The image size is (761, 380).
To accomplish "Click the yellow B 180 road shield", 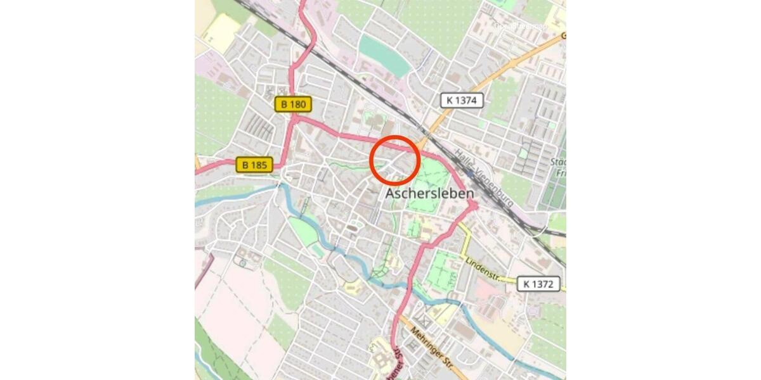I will pos(294,104).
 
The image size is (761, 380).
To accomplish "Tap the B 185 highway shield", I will pos(254,165).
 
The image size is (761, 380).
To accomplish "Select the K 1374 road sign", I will pos(462,100).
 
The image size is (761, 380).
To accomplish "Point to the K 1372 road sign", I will pos(538,284).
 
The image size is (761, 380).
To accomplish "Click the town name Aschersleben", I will pos(430,193).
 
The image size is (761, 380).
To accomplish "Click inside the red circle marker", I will pos(394,160).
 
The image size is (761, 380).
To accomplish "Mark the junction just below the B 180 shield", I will pos(294,118).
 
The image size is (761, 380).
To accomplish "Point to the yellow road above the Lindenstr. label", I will pos(467,244).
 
